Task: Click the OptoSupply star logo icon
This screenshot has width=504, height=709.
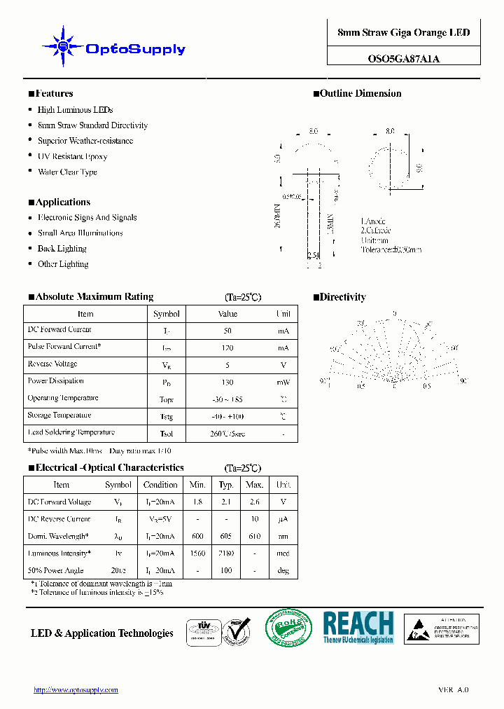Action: (x=64, y=47)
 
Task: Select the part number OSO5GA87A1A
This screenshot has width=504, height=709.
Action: (x=404, y=59)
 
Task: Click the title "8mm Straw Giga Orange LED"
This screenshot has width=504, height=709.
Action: (x=404, y=33)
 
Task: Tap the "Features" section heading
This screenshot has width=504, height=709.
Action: (x=54, y=93)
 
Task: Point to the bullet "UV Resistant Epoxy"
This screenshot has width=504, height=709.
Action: (x=72, y=156)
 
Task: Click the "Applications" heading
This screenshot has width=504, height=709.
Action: (x=62, y=202)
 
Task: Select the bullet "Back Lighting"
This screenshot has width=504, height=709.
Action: (x=62, y=249)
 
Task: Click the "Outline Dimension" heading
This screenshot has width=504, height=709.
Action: (x=360, y=93)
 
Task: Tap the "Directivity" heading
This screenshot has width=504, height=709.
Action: (x=342, y=297)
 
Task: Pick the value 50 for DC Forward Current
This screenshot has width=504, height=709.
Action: (x=227, y=331)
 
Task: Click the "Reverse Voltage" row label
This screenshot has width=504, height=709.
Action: (x=52, y=364)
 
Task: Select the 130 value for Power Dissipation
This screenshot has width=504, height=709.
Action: (x=227, y=383)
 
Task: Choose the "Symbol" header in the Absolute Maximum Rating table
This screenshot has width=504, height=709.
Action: (x=167, y=314)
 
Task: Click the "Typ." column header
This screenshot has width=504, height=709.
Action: (x=226, y=485)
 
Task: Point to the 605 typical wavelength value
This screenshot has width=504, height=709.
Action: (x=226, y=537)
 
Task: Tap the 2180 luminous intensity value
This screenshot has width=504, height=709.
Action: (x=226, y=553)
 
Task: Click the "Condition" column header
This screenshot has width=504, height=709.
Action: (x=160, y=485)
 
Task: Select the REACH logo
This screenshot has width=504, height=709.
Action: (x=358, y=627)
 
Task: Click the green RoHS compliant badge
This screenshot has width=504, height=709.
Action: (x=290, y=628)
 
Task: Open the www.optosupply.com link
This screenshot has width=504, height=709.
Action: (x=76, y=690)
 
